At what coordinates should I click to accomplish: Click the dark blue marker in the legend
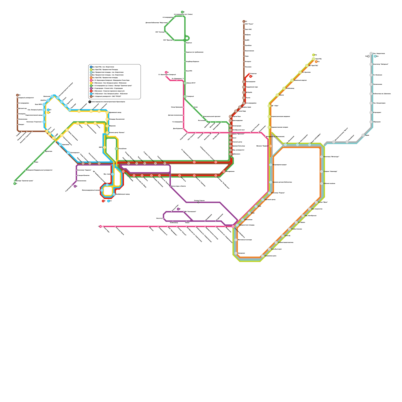coord(91,67)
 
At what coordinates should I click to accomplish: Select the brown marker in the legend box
coord(91,96)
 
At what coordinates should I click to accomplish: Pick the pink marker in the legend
coord(91,80)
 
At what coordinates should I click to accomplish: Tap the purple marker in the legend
coord(91,88)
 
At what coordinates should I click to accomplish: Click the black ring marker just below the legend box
coord(90,102)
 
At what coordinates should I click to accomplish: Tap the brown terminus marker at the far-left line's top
coord(17,95)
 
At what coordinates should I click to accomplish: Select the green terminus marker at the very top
coord(182,12)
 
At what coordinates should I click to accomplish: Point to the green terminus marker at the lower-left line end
coord(15,184)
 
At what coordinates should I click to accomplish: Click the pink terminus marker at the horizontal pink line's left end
coord(100,226)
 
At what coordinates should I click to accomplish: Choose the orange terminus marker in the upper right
coord(316,62)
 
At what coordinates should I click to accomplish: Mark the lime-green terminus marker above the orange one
coord(314,55)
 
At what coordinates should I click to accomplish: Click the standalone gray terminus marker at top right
coord(369,56)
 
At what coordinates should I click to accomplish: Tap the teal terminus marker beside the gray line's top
coord(375,56)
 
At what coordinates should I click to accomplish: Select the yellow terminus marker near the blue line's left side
coord(48,113)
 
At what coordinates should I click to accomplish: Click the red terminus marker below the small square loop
coord(103,201)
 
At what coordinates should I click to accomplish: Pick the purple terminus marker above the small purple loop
coord(178,209)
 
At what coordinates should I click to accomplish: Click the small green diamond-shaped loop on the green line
coord(187,38)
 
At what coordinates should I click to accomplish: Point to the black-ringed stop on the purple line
coord(198,202)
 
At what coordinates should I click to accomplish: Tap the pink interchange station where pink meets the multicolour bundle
coord(233,226)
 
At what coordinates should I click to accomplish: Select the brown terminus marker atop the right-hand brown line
coord(244,22)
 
